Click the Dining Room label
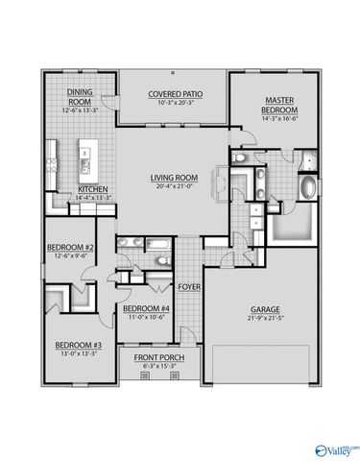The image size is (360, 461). click(x=79, y=96)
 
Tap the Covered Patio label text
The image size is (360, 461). click(x=173, y=93)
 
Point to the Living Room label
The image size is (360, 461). click(x=173, y=178)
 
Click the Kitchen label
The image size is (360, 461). click(x=92, y=189)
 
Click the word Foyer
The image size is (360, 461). click(x=188, y=286)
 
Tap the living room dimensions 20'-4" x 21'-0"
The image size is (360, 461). click(x=173, y=186)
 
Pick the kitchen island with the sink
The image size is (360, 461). click(x=88, y=155)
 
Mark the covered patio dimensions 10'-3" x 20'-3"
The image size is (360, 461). click(x=173, y=102)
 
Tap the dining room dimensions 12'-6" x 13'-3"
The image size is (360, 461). click(x=79, y=109)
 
